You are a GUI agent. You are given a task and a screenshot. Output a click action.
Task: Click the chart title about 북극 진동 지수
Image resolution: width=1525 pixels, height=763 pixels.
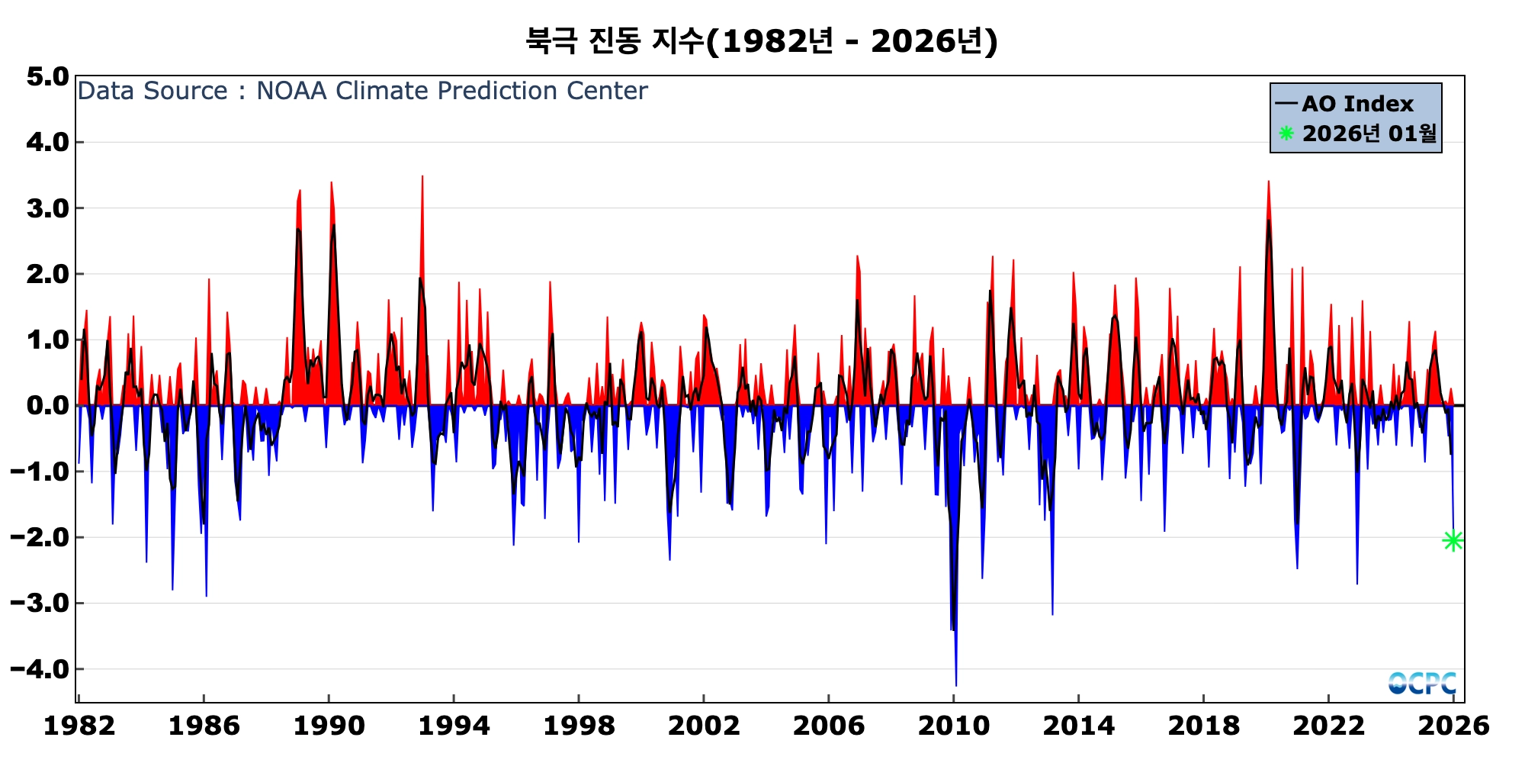(761, 41)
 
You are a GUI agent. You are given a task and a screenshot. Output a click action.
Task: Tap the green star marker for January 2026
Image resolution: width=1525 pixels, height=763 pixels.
(1453, 540)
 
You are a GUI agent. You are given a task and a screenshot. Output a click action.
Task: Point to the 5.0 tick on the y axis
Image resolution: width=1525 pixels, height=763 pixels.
(47, 76)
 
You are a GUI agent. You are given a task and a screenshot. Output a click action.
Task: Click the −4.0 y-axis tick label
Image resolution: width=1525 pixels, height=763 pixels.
(40, 669)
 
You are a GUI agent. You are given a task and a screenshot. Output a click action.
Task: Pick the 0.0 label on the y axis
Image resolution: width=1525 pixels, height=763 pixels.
(47, 406)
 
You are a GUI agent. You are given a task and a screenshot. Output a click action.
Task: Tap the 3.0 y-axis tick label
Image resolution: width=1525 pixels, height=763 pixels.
(47, 208)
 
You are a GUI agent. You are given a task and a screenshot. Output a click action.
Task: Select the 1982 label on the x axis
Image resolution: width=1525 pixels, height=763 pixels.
(79, 726)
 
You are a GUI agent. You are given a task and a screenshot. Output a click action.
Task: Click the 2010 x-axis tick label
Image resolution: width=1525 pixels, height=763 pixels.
(953, 726)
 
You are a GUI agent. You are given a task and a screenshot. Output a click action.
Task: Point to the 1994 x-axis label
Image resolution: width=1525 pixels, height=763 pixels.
(454, 726)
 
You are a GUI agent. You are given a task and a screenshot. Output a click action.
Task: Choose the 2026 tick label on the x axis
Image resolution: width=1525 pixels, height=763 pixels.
(1453, 726)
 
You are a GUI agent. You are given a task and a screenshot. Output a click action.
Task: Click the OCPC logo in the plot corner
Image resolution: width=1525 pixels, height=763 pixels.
(1422, 683)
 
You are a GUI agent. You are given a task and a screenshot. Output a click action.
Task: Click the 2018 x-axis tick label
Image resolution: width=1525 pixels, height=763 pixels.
(1203, 726)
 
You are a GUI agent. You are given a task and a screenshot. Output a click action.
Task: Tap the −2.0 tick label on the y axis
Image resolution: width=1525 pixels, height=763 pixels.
(40, 538)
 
